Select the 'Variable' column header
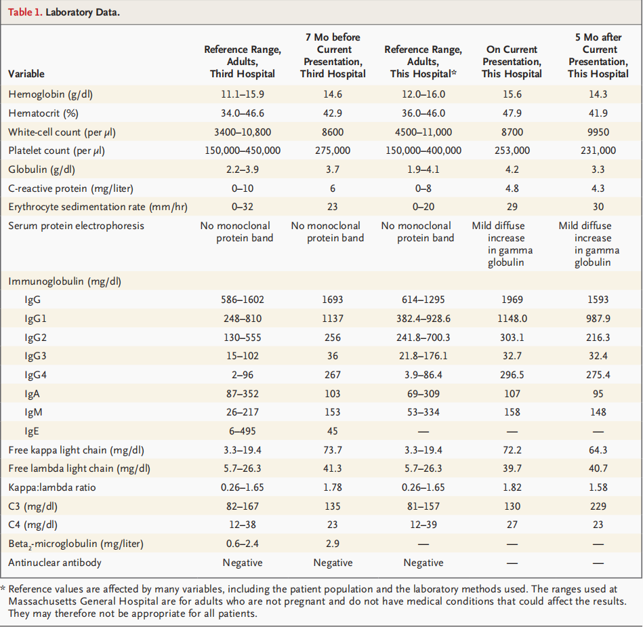(x=26, y=74)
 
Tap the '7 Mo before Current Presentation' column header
(x=333, y=55)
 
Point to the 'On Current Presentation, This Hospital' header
(x=512, y=61)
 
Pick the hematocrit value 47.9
(x=512, y=113)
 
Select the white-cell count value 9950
(x=598, y=132)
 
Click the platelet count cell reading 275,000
(x=333, y=150)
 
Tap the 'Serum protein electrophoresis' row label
(x=76, y=225)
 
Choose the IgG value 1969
(x=512, y=299)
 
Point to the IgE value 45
(x=333, y=430)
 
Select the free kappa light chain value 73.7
(x=333, y=449)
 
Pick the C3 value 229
(x=598, y=506)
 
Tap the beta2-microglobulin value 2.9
(x=333, y=543)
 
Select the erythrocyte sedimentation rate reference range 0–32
(x=243, y=207)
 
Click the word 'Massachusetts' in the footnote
(x=40, y=601)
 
